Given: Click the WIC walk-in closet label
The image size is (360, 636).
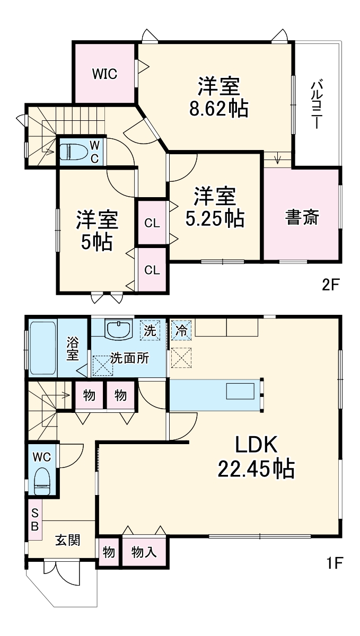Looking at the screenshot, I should click(104, 74).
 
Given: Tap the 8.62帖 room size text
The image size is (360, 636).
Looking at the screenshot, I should click(219, 109).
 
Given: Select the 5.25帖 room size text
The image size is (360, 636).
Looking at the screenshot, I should click(214, 217).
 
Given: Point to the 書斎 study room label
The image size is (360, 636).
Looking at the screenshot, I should click(302, 217).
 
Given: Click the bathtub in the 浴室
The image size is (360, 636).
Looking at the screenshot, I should click(42, 348).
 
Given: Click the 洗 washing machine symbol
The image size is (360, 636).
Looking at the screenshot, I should click(151, 331).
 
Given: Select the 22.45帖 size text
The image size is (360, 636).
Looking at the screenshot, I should click(256, 469).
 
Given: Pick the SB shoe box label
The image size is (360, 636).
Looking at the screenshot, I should click(35, 519).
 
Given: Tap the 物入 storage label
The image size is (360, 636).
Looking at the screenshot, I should click(144, 552).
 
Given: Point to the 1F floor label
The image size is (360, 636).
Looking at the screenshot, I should click(333, 561).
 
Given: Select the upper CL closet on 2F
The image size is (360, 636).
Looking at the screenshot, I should click(152, 223).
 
